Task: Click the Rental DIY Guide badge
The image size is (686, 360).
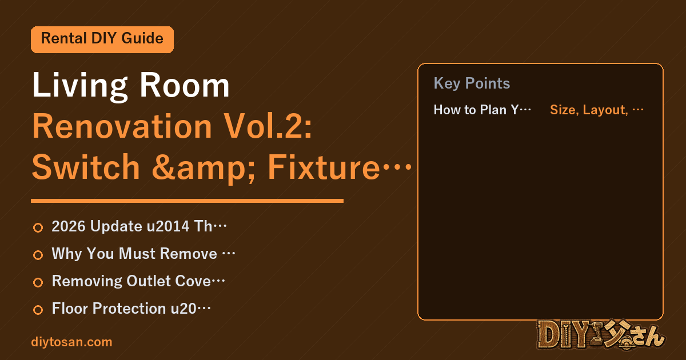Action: click(x=102, y=39)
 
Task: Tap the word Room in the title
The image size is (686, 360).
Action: click(x=185, y=85)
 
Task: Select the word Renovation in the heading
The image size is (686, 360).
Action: click(x=122, y=126)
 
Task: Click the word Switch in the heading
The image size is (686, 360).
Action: click(x=86, y=167)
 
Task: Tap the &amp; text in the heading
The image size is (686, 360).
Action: click(x=204, y=169)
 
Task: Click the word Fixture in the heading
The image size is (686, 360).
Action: click(x=324, y=167)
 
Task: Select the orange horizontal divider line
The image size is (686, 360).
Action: click(x=187, y=201)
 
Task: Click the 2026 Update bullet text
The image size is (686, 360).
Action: click(x=139, y=226)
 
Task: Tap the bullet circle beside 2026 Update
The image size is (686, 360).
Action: click(x=38, y=227)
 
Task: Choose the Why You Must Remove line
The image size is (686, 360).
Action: click(x=143, y=254)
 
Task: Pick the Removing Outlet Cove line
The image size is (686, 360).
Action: click(x=138, y=281)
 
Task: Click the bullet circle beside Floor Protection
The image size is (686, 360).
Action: click(x=38, y=310)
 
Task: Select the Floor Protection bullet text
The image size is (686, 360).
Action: click(x=131, y=309)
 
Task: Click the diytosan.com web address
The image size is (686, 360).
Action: click(x=71, y=342)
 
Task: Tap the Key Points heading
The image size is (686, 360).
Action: click(x=472, y=83)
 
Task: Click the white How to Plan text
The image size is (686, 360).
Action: click(x=482, y=110)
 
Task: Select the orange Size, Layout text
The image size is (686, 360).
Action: click(x=597, y=110)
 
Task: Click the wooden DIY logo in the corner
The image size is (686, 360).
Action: click(x=601, y=335)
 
